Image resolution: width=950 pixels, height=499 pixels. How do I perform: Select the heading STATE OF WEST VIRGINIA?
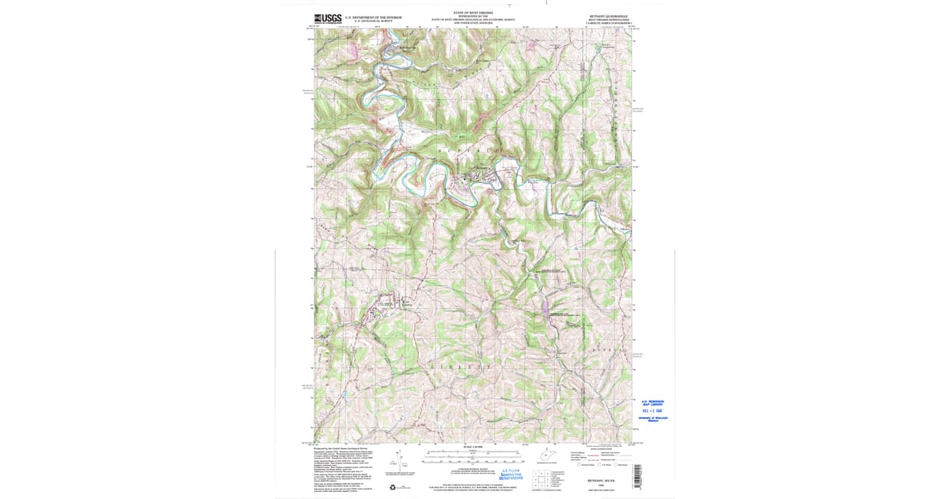[x=473, y=13]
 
